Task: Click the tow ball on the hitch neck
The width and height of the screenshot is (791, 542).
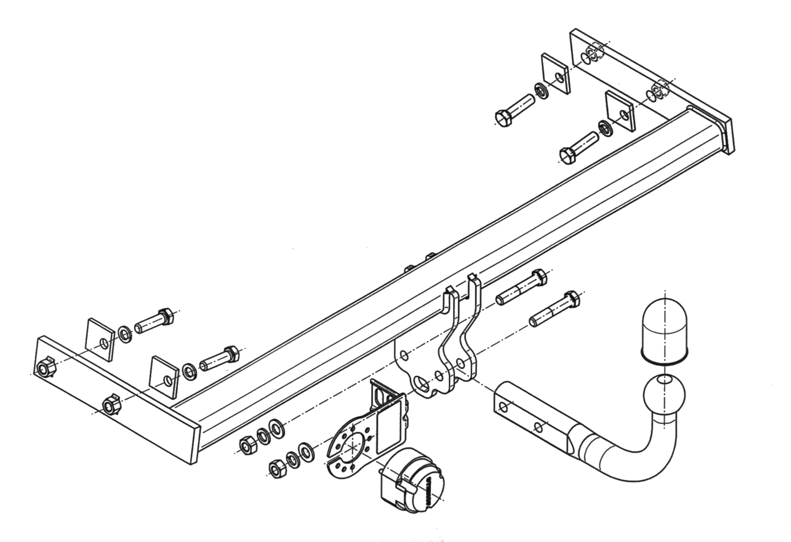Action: pyautogui.click(x=664, y=394)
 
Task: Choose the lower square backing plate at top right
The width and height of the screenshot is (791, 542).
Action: pyautogui.click(x=621, y=110)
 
